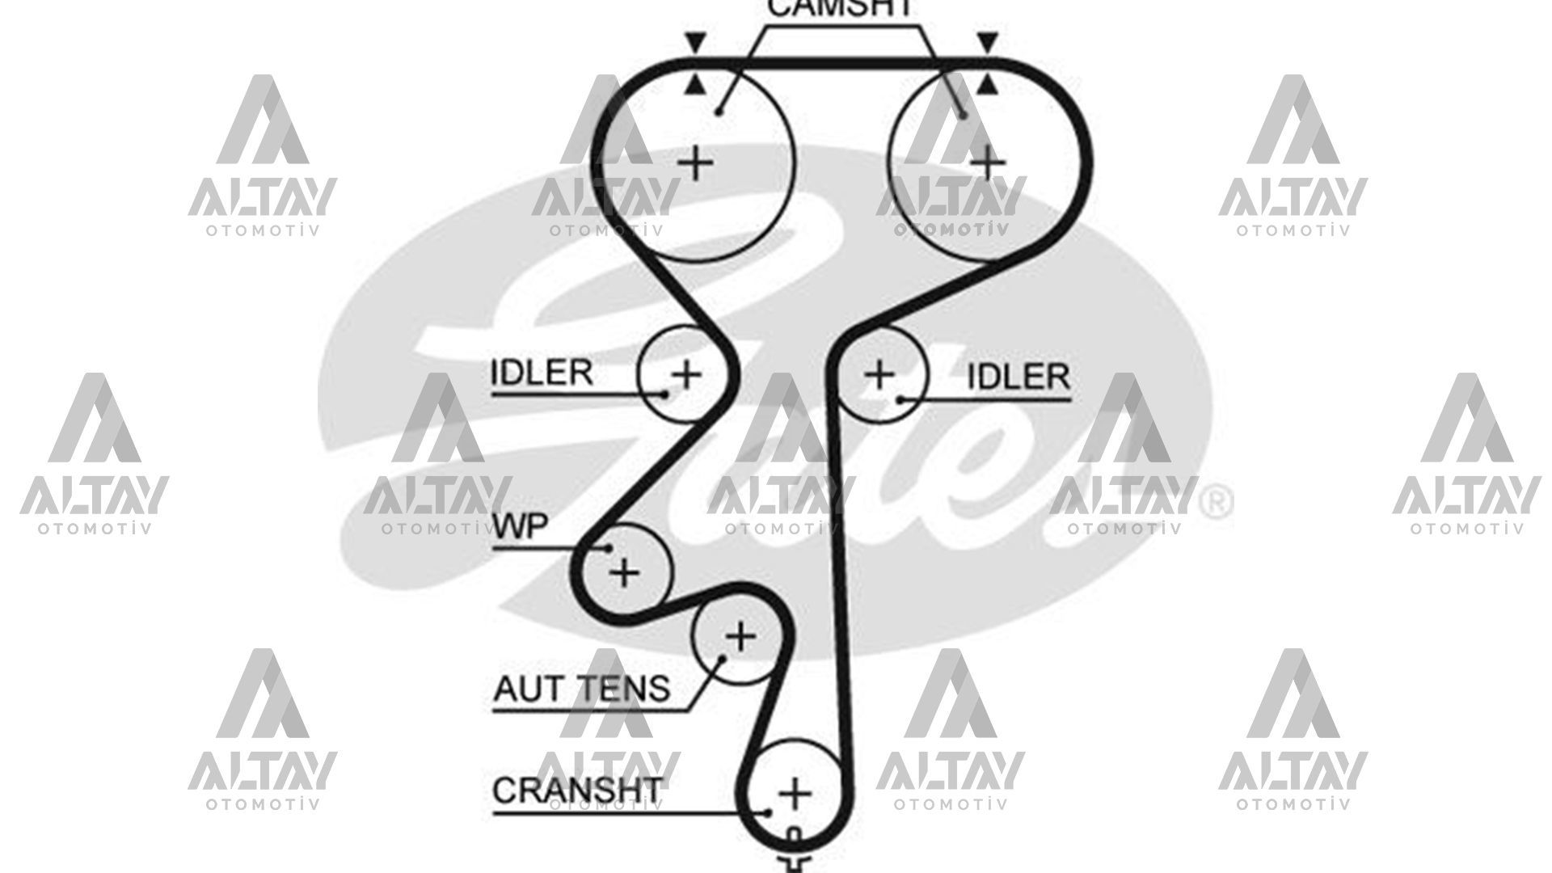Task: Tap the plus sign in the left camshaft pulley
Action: [695, 164]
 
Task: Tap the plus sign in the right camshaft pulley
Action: [987, 163]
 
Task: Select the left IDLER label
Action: [542, 373]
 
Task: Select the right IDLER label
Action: [1018, 377]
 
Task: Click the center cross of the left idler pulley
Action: [687, 374]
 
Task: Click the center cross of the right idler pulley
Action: [879, 374]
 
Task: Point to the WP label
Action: [521, 527]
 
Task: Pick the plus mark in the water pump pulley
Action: [624, 572]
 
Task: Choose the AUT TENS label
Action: [581, 689]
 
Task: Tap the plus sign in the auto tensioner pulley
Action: [740, 637]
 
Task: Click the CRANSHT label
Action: [576, 790]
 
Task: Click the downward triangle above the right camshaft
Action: [987, 42]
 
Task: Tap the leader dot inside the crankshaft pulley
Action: [769, 812]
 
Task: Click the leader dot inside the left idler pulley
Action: [665, 394]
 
